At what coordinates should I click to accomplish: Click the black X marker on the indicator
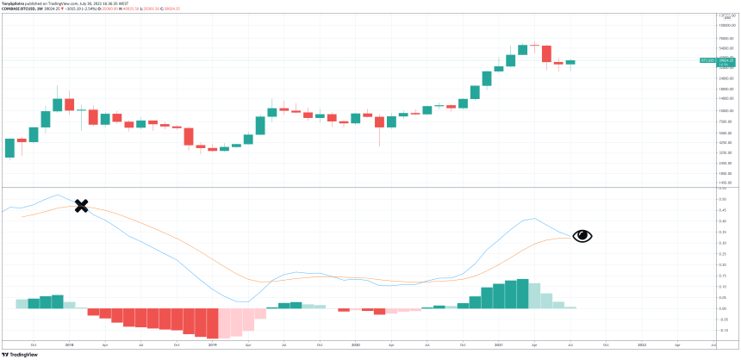coord(81,206)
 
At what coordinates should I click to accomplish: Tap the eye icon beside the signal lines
coord(582,236)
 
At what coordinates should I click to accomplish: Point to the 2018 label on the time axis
coord(69,344)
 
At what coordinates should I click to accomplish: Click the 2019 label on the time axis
coord(212,344)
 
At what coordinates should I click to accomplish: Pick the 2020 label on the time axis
coord(356,344)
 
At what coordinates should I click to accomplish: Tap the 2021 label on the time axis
coord(499,344)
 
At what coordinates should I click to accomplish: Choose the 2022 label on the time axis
coord(642,344)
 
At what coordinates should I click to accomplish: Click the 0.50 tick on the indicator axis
coord(724,199)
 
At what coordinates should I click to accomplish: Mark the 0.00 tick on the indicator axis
coord(724,308)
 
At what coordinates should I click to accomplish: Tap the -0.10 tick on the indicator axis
coord(724,330)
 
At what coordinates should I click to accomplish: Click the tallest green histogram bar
coord(522,294)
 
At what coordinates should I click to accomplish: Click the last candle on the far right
coord(570,62)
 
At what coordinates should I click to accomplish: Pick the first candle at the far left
coord(9,147)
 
